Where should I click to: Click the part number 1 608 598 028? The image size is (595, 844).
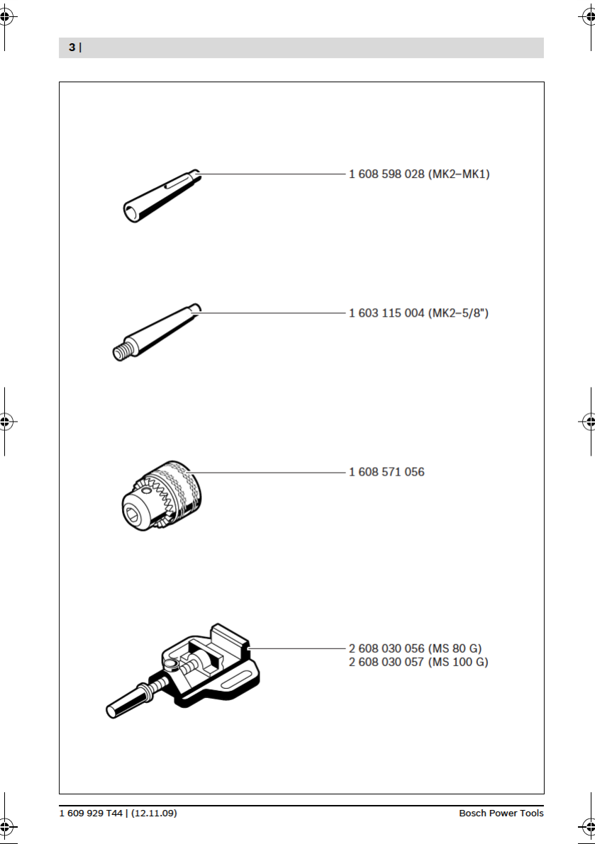[387, 174]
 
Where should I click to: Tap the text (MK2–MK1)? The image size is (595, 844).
[459, 174]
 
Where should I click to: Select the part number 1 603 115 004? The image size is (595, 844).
[387, 313]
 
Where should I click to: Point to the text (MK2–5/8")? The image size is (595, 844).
[458, 313]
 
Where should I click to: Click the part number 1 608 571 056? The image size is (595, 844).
[387, 472]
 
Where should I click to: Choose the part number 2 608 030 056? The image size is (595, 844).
[387, 648]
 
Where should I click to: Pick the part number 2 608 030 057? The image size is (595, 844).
[387, 662]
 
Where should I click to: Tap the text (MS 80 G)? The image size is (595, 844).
[455, 648]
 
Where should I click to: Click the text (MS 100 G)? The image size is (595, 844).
[458, 662]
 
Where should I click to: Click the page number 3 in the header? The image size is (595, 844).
[71, 47]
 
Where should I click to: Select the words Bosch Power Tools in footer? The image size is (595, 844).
[501, 813]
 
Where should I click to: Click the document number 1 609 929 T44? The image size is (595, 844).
[91, 813]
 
